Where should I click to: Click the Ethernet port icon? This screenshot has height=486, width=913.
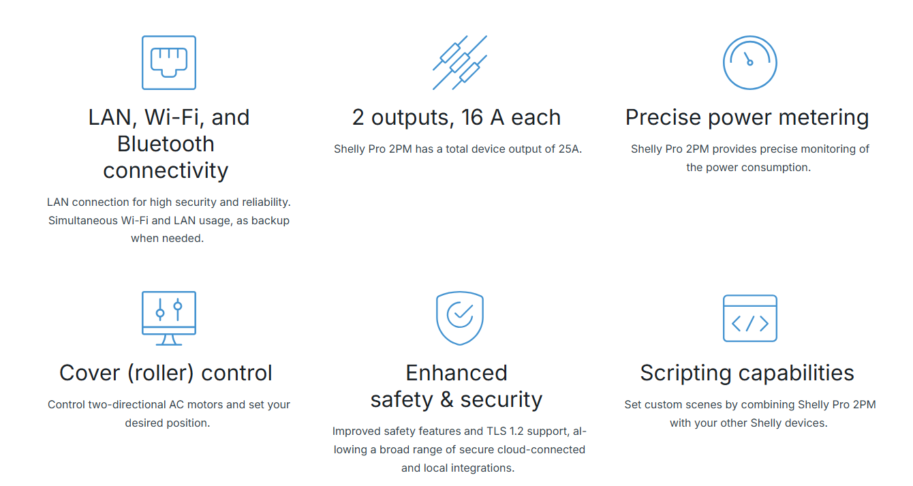tap(169, 63)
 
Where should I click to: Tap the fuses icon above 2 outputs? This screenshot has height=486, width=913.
tap(460, 63)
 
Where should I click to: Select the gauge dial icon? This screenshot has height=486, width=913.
tap(750, 63)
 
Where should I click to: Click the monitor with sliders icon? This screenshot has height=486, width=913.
tap(169, 318)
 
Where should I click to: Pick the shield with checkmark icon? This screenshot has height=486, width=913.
tap(460, 318)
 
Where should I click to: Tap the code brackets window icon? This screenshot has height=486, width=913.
tap(750, 318)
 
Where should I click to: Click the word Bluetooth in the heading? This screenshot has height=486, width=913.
tap(166, 144)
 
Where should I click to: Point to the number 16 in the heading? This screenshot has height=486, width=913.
tap(472, 117)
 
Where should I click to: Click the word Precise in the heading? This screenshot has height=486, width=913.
tap(664, 117)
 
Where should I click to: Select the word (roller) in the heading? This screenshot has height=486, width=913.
tap(160, 373)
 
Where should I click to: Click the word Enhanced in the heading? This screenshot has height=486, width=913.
tap(456, 373)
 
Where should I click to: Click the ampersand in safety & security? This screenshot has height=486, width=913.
tap(447, 399)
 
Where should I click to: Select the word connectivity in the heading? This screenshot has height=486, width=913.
tap(166, 171)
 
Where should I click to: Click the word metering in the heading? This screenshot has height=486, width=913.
tap(824, 118)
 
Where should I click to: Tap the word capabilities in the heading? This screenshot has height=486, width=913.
tap(796, 374)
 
